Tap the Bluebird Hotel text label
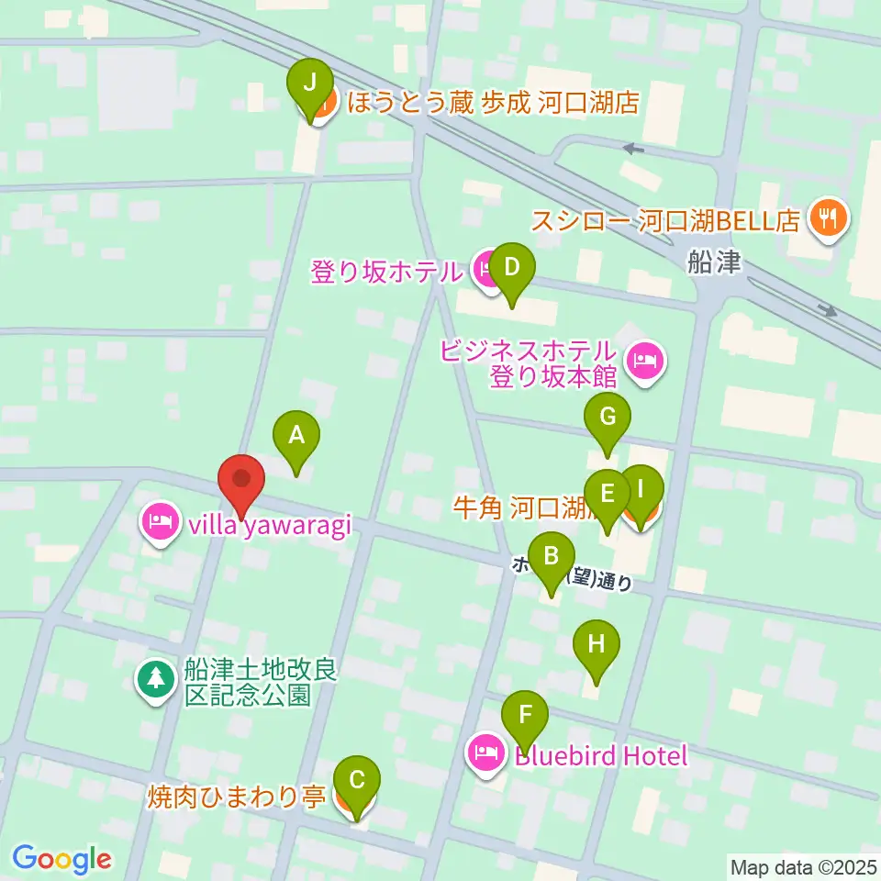(600, 756)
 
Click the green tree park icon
(156, 680)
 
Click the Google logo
(61, 859)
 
